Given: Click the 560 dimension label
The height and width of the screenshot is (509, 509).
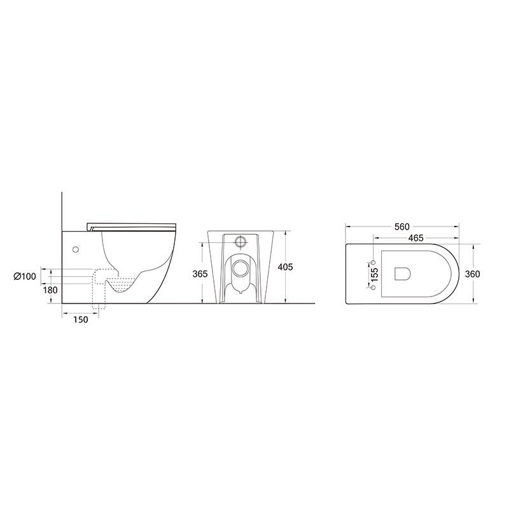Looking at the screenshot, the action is click(402, 227).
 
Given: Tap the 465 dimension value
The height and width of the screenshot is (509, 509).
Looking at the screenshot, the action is click(416, 238).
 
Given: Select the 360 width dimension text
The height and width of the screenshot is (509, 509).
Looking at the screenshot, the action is click(472, 274).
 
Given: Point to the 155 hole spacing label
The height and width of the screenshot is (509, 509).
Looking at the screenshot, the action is click(375, 275).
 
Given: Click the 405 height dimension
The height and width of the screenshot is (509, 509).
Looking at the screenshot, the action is click(286, 267).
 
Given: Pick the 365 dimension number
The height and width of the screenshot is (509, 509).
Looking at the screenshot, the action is click(200, 274).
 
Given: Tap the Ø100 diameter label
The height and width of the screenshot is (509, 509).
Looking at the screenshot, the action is click(25, 276).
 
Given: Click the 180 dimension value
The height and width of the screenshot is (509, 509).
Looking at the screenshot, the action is click(50, 290).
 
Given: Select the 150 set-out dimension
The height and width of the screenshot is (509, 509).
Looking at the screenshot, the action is click(81, 319).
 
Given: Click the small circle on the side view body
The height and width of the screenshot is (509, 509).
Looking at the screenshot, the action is click(76, 249).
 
